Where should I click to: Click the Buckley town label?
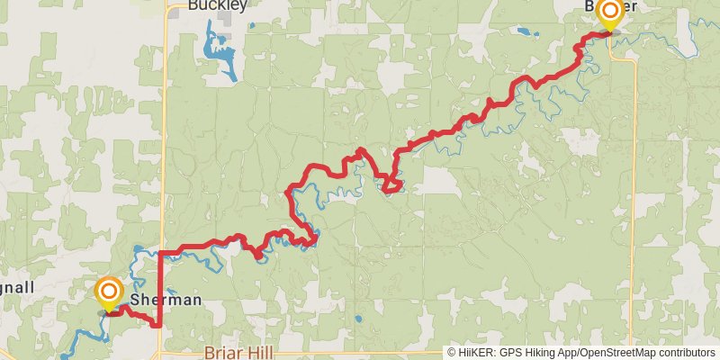(217, 5)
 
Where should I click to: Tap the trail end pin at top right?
(609, 13)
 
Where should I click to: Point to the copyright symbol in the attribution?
(453, 354)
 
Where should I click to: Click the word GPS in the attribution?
(513, 354)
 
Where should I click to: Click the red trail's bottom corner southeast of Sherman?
(159, 325)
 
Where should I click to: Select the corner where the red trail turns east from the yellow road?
(160, 252)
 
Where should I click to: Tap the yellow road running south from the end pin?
(634, 180)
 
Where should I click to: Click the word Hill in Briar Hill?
(259, 353)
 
